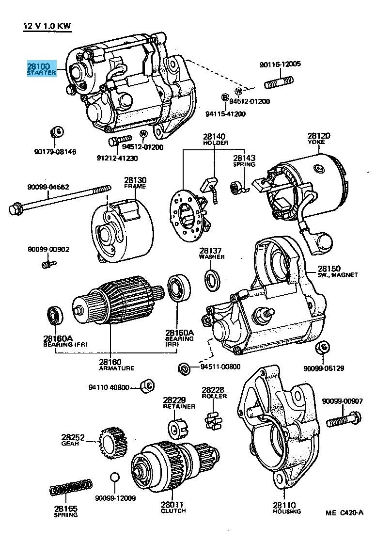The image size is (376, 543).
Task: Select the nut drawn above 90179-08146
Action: (x=56, y=131)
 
